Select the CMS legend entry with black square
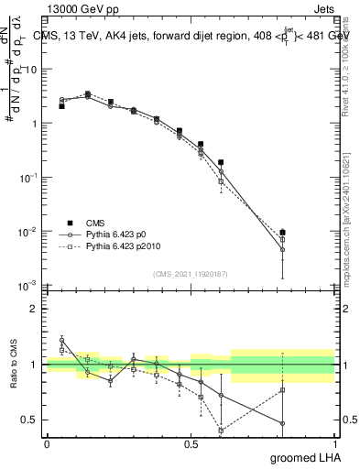87,222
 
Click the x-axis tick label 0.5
191,444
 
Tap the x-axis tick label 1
334,444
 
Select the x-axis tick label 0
47,444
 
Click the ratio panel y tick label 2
35,309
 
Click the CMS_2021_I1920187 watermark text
190,274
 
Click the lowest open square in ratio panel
221,430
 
